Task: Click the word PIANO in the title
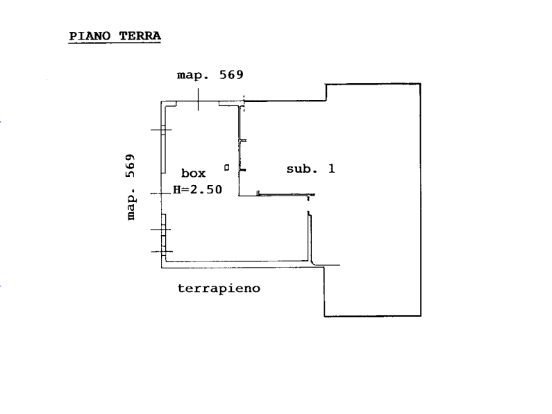(90, 36)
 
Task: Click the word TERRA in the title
(140, 36)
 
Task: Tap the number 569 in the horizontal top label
(231, 75)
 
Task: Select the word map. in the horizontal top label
(193, 76)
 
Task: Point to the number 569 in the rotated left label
(131, 165)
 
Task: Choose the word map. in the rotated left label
(131, 203)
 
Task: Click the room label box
(193, 173)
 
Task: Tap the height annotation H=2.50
(197, 189)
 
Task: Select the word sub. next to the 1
(303, 169)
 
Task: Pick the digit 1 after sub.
(331, 169)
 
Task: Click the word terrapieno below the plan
(219, 288)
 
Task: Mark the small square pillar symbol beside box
(227, 168)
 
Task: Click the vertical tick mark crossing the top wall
(198, 99)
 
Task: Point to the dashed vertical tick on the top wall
(244, 103)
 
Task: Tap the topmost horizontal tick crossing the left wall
(161, 130)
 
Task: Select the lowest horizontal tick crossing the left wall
(162, 252)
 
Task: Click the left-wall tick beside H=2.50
(161, 193)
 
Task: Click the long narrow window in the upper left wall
(164, 150)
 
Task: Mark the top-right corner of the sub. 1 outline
(421, 84)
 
